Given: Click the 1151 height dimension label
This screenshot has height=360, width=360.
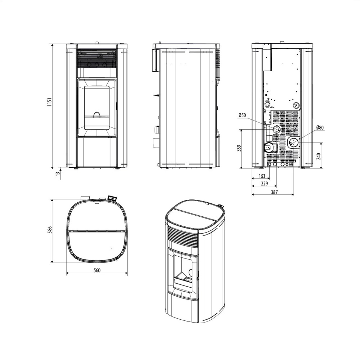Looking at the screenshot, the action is [x=50, y=102].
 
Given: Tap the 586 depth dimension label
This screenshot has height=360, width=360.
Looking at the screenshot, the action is [x=50, y=230].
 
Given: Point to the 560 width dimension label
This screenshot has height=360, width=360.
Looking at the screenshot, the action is [x=97, y=270].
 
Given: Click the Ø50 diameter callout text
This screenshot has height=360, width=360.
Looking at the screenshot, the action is [x=242, y=115].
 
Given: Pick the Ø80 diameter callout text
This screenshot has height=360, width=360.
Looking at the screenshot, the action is [x=320, y=127].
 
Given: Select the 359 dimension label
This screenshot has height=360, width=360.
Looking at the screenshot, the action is [x=239, y=148].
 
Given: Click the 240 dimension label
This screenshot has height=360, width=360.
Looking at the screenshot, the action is [x=319, y=156].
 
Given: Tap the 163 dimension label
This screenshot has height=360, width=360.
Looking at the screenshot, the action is [x=262, y=176].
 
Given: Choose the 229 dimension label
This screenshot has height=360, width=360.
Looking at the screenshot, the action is [x=265, y=184].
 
